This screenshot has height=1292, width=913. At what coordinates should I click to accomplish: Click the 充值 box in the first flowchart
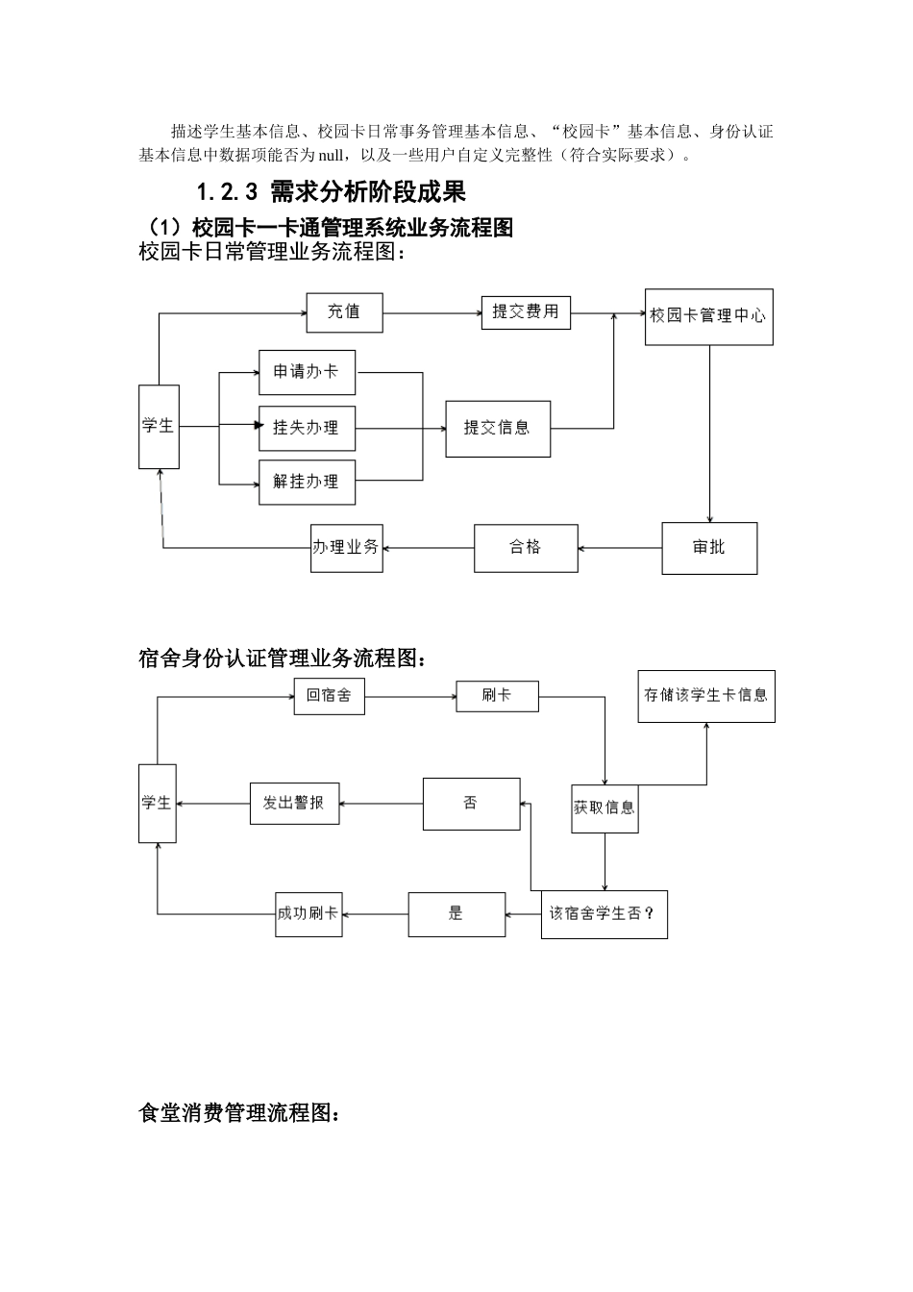coord(344,312)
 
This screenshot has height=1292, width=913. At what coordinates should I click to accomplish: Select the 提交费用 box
coord(525,312)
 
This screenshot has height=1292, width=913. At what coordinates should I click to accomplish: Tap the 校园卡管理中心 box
coord(708,316)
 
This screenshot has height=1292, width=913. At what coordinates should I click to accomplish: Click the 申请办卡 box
coord(307,372)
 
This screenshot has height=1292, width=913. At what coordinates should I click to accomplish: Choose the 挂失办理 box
coord(307,428)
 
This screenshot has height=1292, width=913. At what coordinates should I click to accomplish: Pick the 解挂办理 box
coord(307,483)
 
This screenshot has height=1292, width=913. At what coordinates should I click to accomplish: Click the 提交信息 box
coord(497,429)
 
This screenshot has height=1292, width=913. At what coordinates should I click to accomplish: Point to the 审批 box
coord(709,548)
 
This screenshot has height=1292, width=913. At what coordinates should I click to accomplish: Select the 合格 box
coord(526,548)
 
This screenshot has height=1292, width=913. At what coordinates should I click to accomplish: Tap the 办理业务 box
coord(346,548)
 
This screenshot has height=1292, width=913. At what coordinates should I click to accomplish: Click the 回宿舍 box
coord(329,696)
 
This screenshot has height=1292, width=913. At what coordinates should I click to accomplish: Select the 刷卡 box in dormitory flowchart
coord(497,696)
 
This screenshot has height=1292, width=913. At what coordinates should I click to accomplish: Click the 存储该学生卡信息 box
coord(705,696)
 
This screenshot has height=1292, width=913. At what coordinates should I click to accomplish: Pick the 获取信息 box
coord(604,808)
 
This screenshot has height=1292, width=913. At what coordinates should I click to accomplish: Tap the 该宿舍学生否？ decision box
coord(604,914)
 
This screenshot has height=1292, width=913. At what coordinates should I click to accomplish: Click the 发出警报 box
coord(293,804)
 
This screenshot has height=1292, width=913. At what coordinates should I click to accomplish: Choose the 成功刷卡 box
coord(308,914)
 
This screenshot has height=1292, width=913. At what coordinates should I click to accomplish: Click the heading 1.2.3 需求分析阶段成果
coord(331,192)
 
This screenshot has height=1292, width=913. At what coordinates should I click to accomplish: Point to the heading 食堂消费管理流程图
coord(238,1113)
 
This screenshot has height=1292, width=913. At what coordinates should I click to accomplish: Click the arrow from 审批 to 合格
coord(620,548)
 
